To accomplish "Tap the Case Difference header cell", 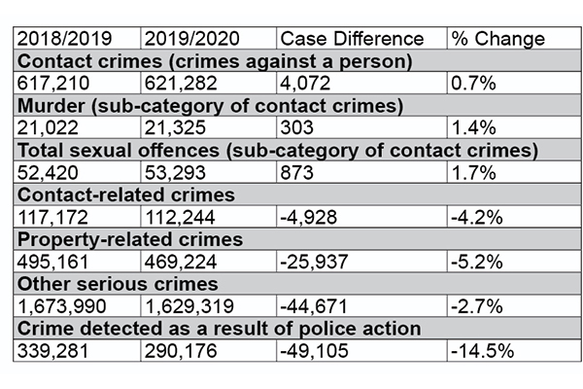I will click(351, 40).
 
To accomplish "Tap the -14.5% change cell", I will click(482, 350).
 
